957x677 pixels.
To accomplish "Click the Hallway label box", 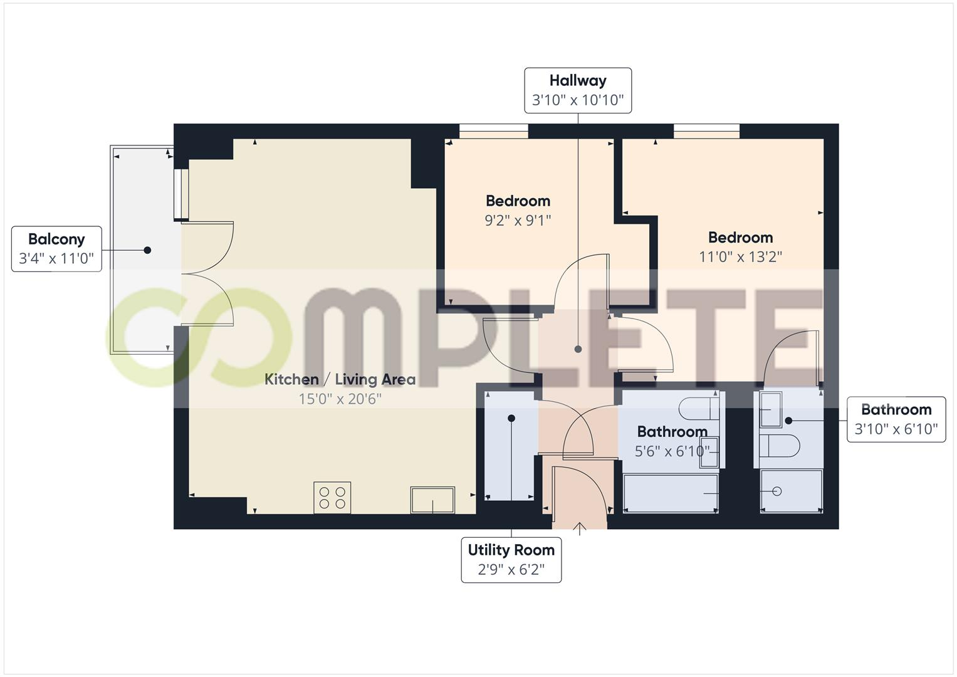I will point(577,90).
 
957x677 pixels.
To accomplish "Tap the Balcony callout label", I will point(56,249).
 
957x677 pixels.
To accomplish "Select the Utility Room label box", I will point(511,560).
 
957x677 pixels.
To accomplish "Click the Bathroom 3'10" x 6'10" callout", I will point(896,419).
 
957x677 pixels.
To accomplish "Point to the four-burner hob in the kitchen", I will point(332,498).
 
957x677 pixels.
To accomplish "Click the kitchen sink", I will point(432,500).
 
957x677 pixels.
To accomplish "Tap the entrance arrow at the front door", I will point(580,528).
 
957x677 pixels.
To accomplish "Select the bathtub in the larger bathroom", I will point(671,493).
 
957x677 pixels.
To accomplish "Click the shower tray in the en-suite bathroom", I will point(791,491).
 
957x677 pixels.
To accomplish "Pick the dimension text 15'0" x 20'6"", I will point(340,399).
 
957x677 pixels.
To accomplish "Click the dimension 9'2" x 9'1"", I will point(518,221).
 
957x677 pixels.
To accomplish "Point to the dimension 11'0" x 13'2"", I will point(740,257).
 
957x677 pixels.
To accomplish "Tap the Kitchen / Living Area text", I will point(340,379).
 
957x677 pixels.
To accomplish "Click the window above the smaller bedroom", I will point(493,131).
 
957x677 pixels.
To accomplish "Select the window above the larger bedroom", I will point(706,131).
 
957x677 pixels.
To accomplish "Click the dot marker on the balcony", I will point(147,250).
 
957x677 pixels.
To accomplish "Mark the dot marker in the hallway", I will point(578,349).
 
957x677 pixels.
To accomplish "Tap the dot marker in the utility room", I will point(511,418).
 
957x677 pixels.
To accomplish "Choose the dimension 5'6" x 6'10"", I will point(672,451).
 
